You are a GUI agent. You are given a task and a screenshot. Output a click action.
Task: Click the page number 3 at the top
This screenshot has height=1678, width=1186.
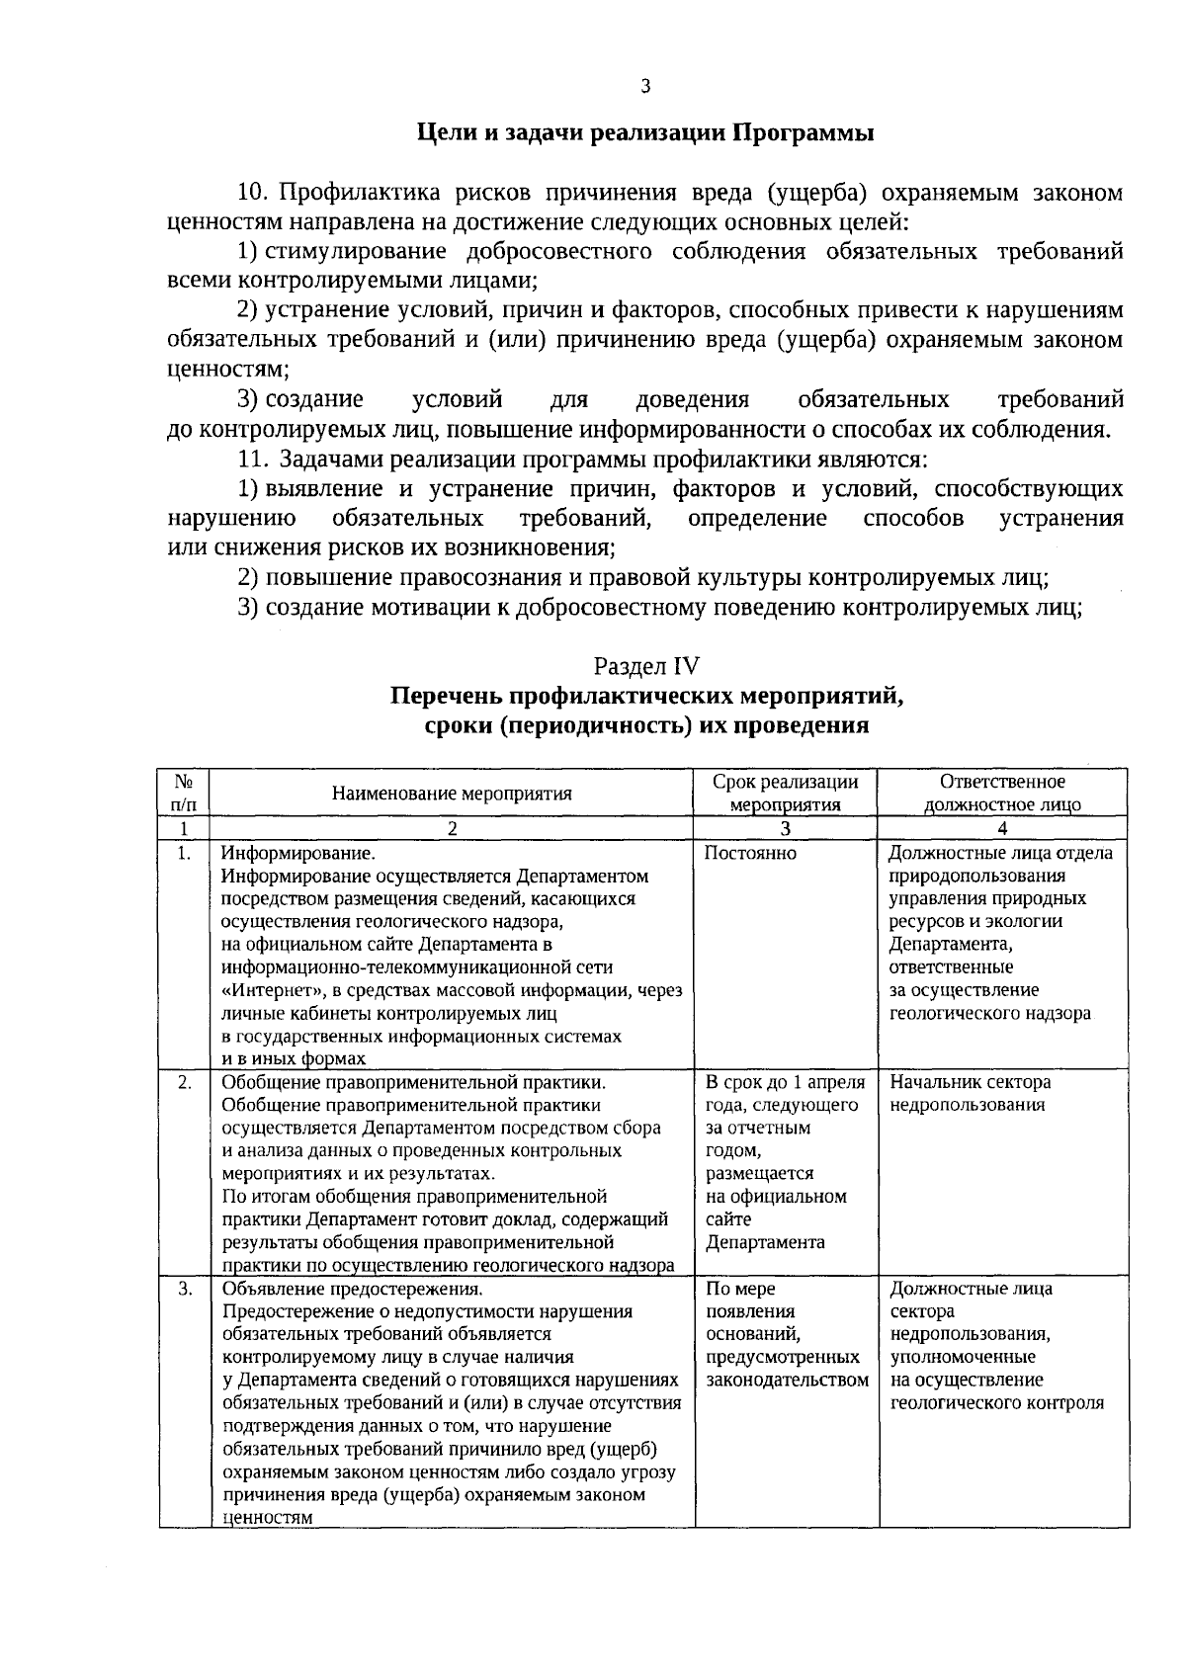pos(645,87)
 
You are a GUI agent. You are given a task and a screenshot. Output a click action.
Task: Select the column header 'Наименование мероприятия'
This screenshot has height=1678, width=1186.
pos(452,793)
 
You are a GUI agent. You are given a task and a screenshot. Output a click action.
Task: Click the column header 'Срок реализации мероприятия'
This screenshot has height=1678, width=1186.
pos(786,793)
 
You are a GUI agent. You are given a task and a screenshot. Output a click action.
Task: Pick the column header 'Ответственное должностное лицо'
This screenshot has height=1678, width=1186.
pos(1002,793)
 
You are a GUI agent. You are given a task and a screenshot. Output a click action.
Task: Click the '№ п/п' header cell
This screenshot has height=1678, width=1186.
pos(184,793)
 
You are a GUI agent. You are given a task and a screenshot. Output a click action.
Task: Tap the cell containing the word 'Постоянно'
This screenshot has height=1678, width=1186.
pos(751,853)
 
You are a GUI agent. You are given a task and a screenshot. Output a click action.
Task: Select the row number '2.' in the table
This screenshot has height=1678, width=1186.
pos(184,1082)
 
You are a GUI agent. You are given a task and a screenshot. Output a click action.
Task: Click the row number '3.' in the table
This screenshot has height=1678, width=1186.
pos(184,1289)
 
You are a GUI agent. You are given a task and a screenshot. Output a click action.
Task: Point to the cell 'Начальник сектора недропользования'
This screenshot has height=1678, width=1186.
pos(968,1093)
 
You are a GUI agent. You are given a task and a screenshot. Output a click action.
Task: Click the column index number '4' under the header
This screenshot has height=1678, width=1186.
pos(1002,829)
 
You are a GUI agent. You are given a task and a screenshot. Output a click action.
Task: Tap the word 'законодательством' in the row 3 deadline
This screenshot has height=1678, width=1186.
pos(788,1380)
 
